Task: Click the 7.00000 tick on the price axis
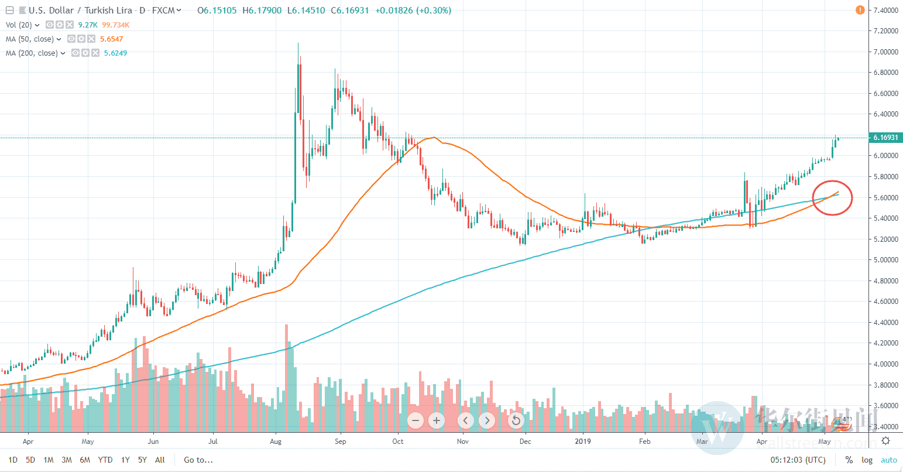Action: [x=885, y=52]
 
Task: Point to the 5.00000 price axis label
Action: [x=885, y=260]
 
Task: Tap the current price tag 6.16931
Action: [x=886, y=138]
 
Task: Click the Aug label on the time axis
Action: [x=277, y=442]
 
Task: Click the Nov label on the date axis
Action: [x=463, y=442]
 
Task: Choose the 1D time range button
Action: [x=12, y=460]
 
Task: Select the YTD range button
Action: [x=105, y=460]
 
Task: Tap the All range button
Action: [x=160, y=460]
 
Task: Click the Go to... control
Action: [x=198, y=460]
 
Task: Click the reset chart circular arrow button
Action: [x=516, y=420]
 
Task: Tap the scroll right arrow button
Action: [x=487, y=420]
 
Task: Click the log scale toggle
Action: [x=867, y=460]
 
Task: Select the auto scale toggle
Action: [x=888, y=460]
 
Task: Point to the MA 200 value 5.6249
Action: [x=115, y=53]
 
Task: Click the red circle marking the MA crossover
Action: [x=832, y=198]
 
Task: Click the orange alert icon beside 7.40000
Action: [x=860, y=10]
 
